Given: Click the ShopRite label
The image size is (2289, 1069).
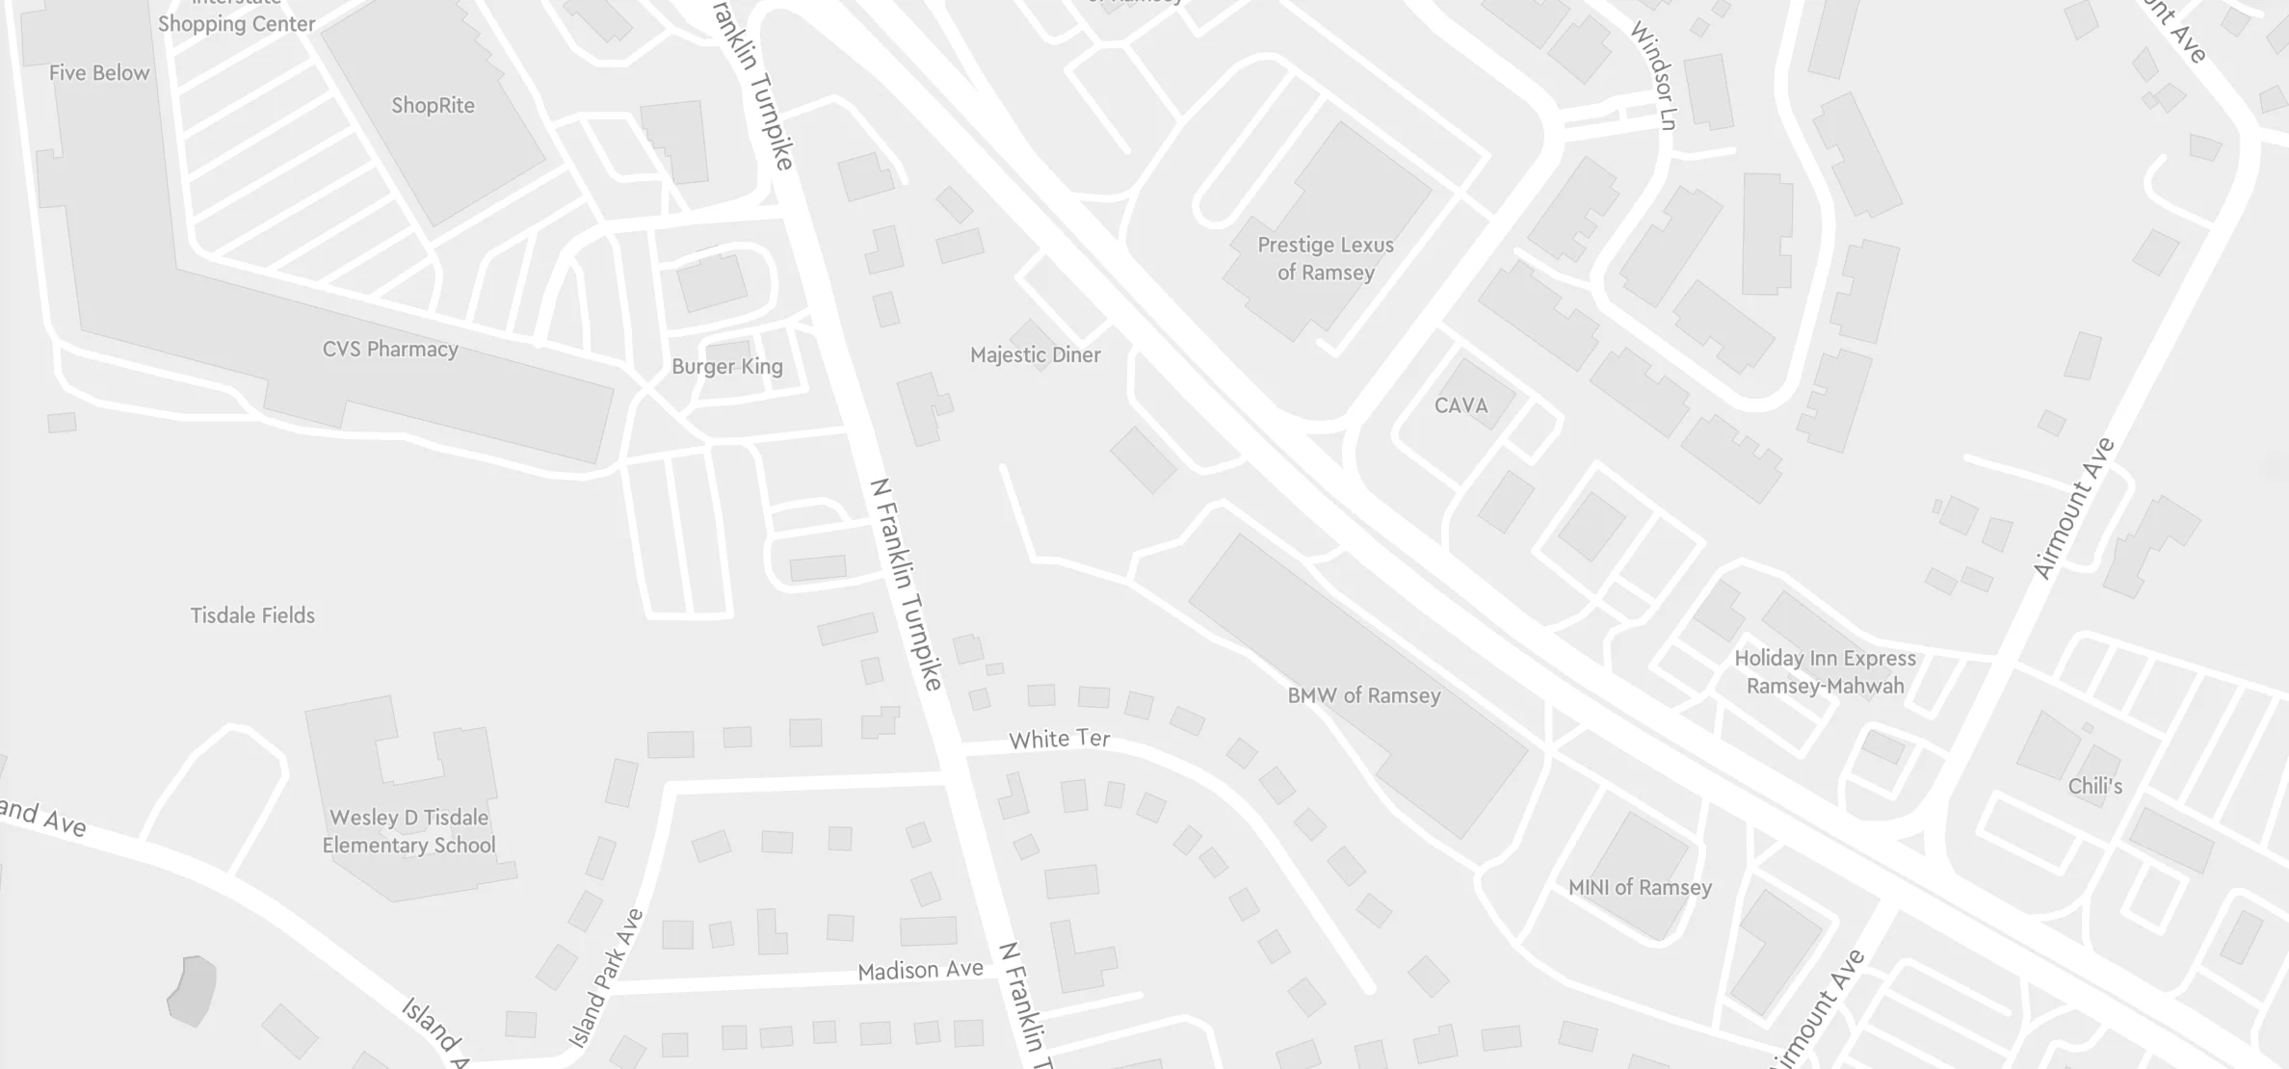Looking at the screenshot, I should coord(433,106).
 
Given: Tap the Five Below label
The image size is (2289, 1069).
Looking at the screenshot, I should coord(99,73).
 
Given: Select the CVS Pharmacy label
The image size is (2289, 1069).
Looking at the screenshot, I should coord(390,350).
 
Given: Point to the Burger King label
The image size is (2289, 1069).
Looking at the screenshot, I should coord(727,367).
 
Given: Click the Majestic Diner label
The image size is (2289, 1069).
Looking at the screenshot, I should coord(1035,355).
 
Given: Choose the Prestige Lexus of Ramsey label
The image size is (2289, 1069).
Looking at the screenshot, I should coord(1326,259).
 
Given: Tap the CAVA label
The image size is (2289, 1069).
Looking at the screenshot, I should coord(1460,405).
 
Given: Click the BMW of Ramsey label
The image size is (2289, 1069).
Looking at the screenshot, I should coord(1363,695).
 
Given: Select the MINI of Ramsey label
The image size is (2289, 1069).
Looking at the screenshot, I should coord(1640,888).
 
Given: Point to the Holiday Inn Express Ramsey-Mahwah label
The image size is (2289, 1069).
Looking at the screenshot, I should coord(1825,672).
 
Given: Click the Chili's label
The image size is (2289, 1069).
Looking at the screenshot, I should coord(2094,787).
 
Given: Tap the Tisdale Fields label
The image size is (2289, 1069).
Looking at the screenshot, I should coord(252,615).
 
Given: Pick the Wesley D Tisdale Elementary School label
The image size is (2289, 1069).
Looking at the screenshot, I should coord(409,831).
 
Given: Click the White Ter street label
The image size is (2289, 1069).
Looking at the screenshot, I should coord(1059,740).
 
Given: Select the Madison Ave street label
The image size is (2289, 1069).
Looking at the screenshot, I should coord(920,970).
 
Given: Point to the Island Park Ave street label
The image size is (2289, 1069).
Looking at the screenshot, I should coord(605,978).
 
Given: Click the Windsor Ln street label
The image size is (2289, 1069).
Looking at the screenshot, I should coord(1654,76).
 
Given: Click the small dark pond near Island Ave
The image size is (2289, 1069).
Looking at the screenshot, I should coord(192,990).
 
